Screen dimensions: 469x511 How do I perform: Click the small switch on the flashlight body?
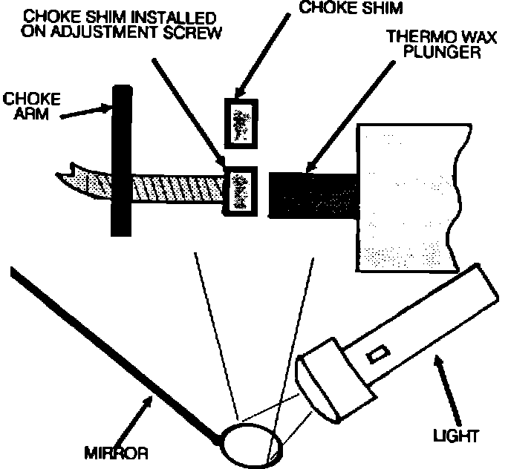(x=378, y=354)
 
